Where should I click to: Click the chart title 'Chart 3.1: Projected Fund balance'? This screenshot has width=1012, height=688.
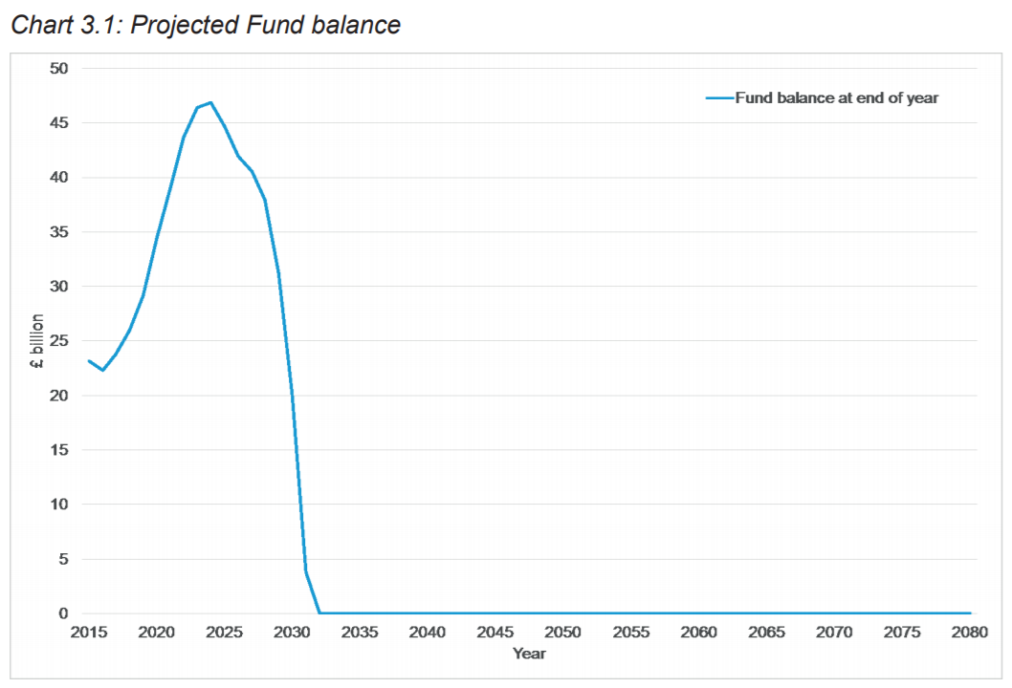click(205, 25)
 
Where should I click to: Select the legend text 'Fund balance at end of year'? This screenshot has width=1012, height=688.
click(837, 97)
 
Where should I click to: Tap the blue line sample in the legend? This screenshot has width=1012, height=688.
click(718, 97)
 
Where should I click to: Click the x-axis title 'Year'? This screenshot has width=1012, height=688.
click(529, 654)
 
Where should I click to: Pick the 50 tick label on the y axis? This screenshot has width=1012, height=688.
click(60, 68)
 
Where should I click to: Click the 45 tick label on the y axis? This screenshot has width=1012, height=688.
click(60, 122)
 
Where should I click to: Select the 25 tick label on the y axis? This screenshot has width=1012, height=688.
click(60, 340)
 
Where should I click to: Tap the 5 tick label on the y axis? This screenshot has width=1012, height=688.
click(64, 559)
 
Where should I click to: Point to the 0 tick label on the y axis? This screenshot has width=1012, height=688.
click(64, 613)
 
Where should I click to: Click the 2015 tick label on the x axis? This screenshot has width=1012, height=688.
click(89, 633)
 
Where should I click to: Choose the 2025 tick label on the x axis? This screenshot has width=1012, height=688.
click(225, 633)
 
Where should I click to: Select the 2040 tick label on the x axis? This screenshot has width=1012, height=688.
click(428, 633)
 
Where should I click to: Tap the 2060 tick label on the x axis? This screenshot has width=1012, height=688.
click(699, 633)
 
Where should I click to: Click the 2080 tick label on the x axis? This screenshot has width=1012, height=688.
click(970, 633)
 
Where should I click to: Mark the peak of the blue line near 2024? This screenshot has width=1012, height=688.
click(210, 102)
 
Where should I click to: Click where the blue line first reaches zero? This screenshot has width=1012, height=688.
click(319, 613)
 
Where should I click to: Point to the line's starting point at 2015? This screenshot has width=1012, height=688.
click(89, 360)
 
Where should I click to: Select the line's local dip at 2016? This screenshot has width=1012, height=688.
click(102, 370)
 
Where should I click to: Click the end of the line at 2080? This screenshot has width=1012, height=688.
click(970, 613)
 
